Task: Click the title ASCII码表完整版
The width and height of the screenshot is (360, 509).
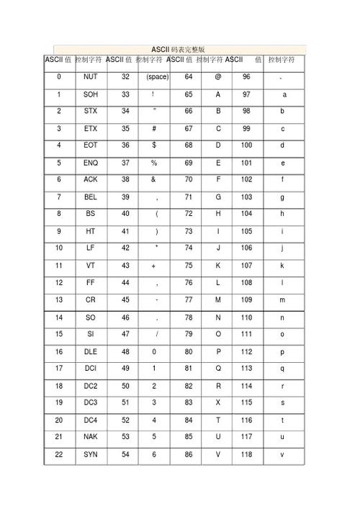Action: click(178, 49)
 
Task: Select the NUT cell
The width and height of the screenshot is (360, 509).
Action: click(91, 76)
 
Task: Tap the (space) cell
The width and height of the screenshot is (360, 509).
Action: click(156, 76)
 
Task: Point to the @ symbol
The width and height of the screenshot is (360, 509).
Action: click(217, 76)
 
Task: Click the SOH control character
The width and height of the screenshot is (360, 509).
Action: click(91, 94)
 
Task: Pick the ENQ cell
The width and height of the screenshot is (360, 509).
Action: click(91, 163)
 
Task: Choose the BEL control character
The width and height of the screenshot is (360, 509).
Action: click(91, 197)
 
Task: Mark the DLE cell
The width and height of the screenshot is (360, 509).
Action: click(91, 352)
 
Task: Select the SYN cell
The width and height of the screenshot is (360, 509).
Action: click(91, 455)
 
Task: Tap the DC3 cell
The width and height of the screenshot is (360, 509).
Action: click(91, 402)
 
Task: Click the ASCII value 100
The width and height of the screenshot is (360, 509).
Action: click(247, 145)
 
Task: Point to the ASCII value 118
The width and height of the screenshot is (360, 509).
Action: click(247, 455)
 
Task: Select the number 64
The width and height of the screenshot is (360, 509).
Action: click(188, 76)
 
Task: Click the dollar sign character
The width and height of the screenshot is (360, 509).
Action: click(154, 145)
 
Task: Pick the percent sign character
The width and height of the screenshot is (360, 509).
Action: click(154, 163)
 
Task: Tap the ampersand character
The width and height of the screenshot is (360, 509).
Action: click(154, 180)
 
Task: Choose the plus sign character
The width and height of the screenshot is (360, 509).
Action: click(154, 266)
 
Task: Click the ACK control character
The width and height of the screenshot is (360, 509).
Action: click(91, 180)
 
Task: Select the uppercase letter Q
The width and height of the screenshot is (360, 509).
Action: click(218, 369)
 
